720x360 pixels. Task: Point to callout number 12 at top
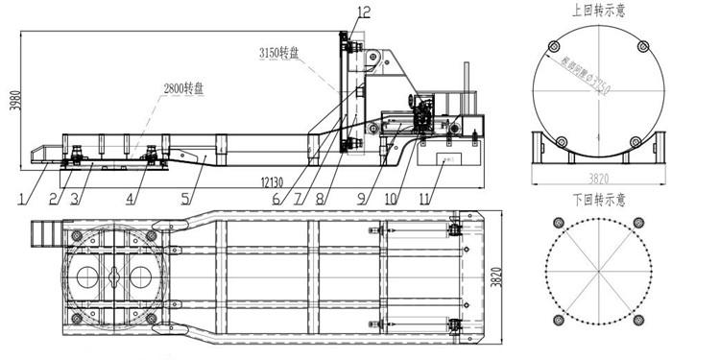pos(362,11)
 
